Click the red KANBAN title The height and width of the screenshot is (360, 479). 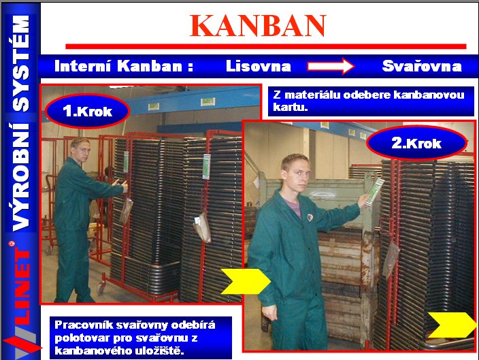click(258, 26)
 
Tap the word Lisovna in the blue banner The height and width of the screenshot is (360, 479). click(259, 66)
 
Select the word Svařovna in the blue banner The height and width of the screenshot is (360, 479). click(422, 66)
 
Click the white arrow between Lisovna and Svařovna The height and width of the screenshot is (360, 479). click(331, 66)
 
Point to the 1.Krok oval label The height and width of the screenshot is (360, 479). click(87, 111)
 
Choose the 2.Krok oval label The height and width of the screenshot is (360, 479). click(416, 143)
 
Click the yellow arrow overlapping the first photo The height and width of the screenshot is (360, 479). click(246, 281)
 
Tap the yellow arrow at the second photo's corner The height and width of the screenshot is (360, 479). click(452, 325)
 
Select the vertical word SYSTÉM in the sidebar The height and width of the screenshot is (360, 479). click(21, 63)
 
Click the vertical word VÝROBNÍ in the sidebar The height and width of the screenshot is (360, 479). click(21, 177)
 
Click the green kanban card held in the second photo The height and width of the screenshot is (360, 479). click(374, 191)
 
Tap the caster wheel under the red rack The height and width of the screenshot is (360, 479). click(101, 287)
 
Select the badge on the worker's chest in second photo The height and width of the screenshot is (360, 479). click(310, 217)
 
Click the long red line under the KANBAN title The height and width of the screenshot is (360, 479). click(266, 46)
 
